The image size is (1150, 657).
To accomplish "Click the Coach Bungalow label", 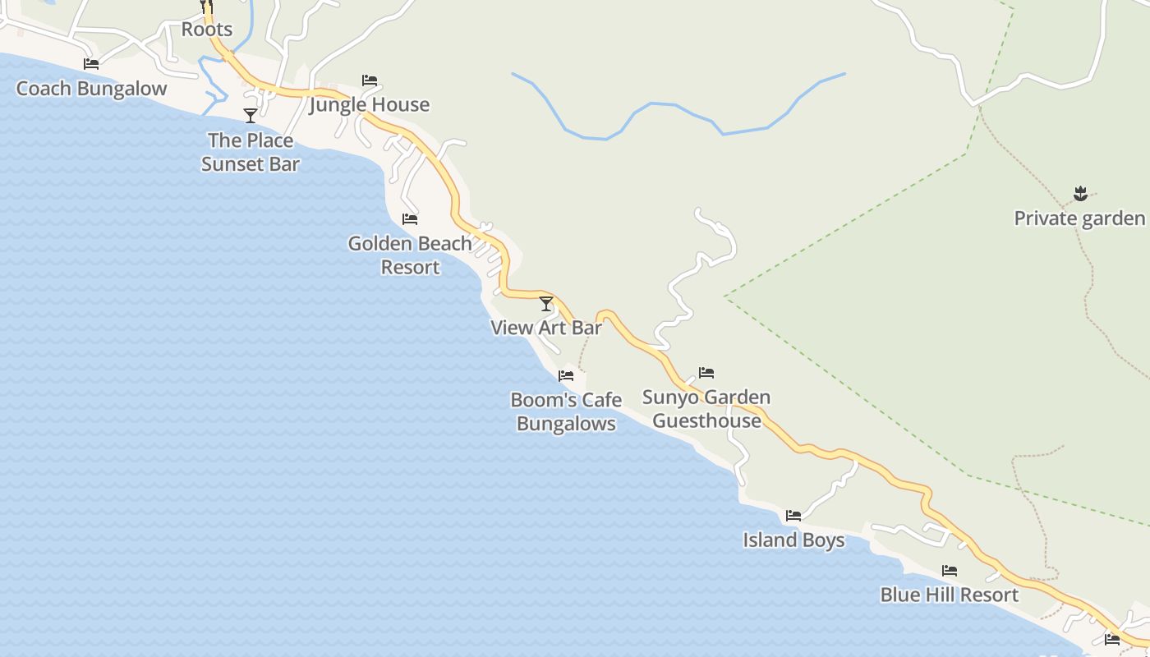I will (91, 89).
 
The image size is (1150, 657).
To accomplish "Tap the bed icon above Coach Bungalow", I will (91, 64).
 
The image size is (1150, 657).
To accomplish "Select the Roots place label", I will (207, 30).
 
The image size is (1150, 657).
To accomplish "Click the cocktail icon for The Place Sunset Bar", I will (251, 116).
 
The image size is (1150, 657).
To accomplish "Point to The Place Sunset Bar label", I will (251, 152).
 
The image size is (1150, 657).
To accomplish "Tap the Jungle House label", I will (370, 104).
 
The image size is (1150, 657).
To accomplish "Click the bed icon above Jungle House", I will (370, 80).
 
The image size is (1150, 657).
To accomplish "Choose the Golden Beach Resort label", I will (410, 255).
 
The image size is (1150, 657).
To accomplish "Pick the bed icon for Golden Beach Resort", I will (410, 219).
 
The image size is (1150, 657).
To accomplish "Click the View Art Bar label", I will (546, 328).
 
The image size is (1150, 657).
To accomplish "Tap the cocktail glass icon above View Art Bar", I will (546, 304).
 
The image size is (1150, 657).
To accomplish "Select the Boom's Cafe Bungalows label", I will (566, 411).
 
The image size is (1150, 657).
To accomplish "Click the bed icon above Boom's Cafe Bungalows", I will (566, 376).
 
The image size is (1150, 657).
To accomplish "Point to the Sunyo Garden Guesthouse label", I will (706, 409).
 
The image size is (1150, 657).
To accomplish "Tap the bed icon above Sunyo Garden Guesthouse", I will (706, 373).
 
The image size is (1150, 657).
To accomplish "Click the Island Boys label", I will (793, 540).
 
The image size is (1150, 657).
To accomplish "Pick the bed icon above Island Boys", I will (793, 516).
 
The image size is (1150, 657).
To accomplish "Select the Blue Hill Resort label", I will (950, 595).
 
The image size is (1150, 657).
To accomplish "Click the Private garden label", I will (1079, 218).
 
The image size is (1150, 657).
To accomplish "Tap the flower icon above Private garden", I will (1080, 195).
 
